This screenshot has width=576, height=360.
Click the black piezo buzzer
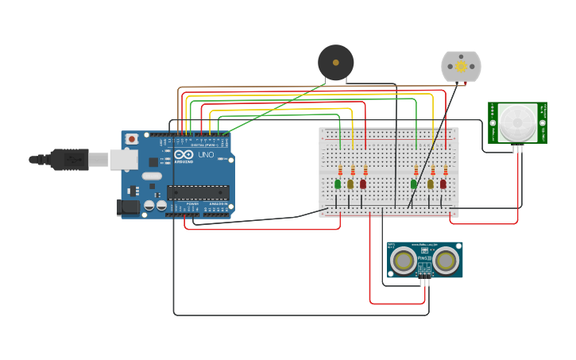click(x=335, y=62)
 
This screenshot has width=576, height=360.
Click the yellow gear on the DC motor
click(x=461, y=67)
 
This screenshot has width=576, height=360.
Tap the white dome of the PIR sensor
click(x=517, y=121)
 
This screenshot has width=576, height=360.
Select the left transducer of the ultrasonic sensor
click(x=404, y=260)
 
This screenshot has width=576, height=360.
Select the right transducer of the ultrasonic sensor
click(x=446, y=260)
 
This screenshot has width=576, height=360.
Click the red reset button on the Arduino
click(x=131, y=139)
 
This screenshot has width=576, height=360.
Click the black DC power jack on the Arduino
click(x=127, y=207)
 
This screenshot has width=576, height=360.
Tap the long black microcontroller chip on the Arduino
click(x=198, y=192)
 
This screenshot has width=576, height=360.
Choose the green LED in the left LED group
click(x=338, y=184)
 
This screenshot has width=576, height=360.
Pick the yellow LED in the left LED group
click(x=350, y=184)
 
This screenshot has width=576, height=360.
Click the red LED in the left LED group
click(x=363, y=184)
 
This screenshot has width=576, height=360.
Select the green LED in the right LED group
click(x=414, y=184)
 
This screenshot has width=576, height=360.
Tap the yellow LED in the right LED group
click(x=431, y=184)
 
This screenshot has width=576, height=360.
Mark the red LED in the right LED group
click(x=443, y=184)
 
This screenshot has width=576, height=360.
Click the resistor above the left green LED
click(x=340, y=170)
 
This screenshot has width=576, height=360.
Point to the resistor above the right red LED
click(x=446, y=170)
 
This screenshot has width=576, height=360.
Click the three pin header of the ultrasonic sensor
click(x=425, y=281)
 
